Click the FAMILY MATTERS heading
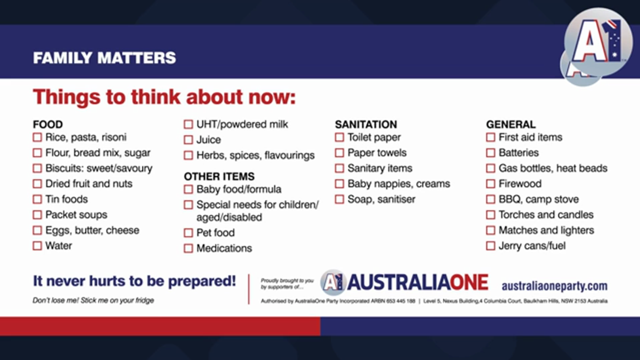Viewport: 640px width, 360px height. pos(104,57)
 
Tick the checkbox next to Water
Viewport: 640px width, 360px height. pos(37,245)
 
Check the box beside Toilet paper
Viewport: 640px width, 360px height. pos(339,137)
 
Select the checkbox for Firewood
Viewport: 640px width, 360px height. pos(490,183)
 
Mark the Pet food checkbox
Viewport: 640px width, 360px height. pos(188,233)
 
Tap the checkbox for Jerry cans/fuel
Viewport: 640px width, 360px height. pos(490,245)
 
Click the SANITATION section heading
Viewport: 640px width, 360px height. pos(366,124)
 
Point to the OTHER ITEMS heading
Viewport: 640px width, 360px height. pos(219,176)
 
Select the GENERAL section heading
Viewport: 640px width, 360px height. pos(511,124)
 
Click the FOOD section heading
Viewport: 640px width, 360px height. pos(47,124)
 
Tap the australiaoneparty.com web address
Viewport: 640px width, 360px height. pos(554,286)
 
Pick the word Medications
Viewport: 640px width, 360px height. pos(224,248)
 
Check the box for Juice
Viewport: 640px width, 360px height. pos(188,140)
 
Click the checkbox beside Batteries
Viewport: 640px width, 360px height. pos(490,153)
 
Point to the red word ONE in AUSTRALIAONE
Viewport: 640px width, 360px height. pos(469,282)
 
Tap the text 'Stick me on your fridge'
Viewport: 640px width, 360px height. pos(117,300)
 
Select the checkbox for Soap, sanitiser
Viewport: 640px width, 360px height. pos(339,199)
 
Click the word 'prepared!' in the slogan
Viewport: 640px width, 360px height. pos(202,281)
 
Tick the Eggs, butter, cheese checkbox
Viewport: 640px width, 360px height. pos(37,230)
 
